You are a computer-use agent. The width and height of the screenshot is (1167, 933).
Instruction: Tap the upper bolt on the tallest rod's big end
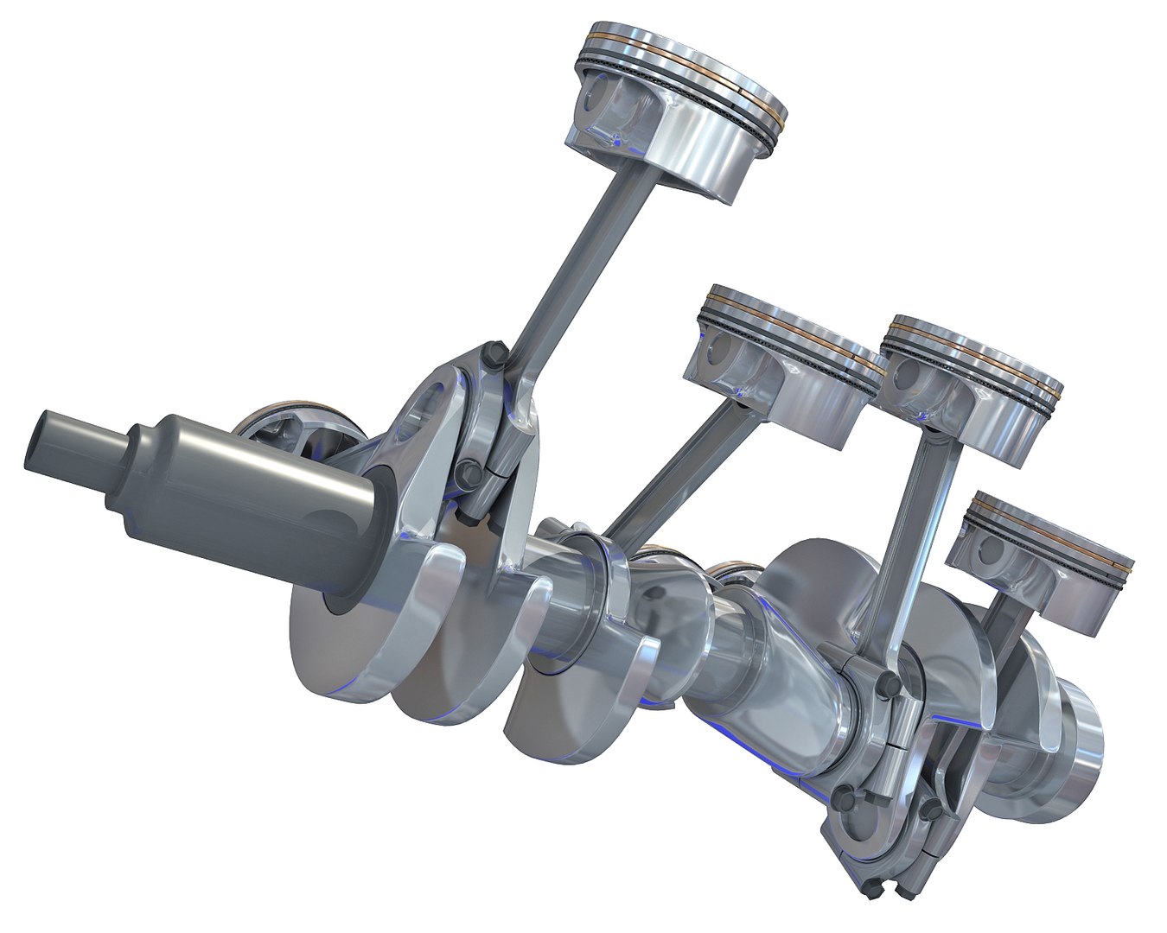(494, 354)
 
